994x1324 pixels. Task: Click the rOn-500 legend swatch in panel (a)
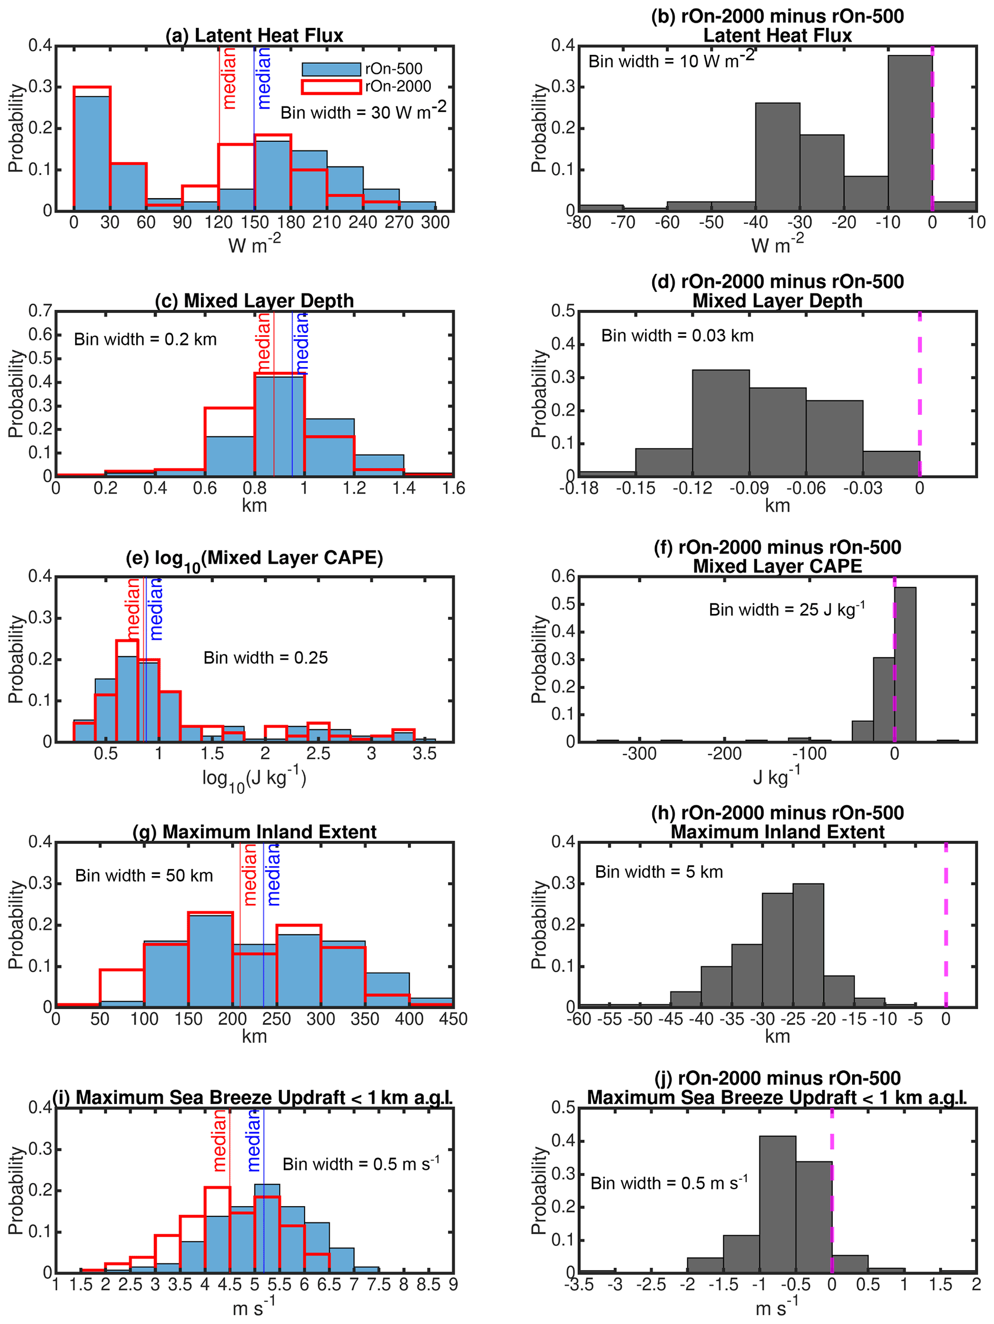pos(331,69)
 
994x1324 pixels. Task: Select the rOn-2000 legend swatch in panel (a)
pos(331,87)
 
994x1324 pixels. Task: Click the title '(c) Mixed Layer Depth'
pos(254,301)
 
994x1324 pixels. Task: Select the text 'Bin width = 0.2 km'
pos(145,339)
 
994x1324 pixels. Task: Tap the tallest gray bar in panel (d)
pos(720,422)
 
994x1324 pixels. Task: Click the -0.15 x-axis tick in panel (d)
pos(636,488)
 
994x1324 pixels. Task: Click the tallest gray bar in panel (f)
pos(905,664)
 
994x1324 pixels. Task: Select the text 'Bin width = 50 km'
pos(144,876)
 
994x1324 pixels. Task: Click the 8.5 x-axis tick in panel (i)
pos(428,1285)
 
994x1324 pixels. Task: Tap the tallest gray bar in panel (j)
pos(778,1204)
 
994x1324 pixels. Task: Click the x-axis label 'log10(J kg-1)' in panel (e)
pos(254,779)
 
